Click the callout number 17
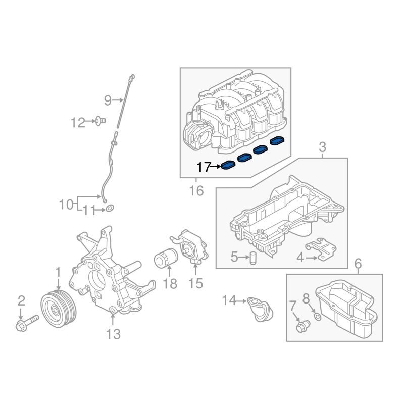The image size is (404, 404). pos(204,167)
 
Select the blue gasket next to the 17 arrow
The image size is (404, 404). pos(228,165)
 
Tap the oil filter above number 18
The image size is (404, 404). pos(166,258)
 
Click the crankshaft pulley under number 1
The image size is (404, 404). pos(59,309)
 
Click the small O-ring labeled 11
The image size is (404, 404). pos(110,208)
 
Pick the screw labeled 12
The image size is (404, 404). pos(100,121)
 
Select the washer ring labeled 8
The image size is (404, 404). pos(318,317)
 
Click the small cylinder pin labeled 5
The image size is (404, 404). pos(254,258)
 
